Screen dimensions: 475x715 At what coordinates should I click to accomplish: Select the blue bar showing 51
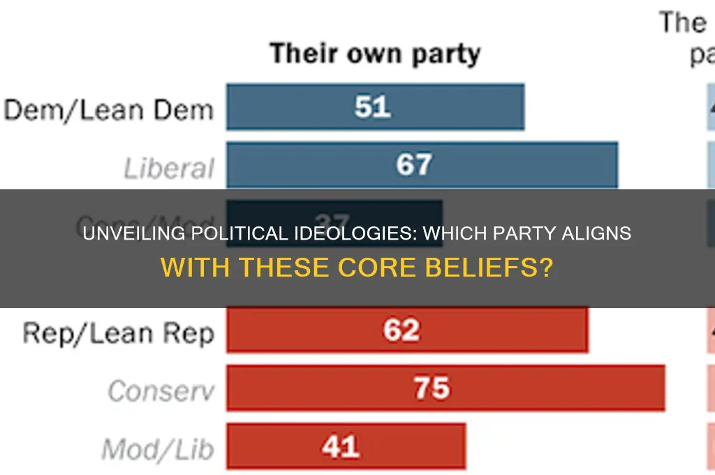click(x=375, y=107)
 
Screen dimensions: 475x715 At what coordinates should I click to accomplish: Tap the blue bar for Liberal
click(x=421, y=165)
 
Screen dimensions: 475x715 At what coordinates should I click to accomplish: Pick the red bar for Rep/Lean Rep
click(x=406, y=330)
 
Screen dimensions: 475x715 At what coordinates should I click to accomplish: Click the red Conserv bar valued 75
click(x=445, y=388)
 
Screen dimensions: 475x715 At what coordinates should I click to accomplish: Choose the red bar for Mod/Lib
click(x=346, y=445)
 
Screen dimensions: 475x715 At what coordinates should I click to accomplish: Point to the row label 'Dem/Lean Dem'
click(x=108, y=109)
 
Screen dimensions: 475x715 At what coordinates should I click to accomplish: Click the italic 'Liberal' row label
click(x=169, y=168)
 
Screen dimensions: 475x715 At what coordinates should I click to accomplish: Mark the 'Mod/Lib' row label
click(x=157, y=448)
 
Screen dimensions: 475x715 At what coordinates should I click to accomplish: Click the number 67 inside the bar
click(x=414, y=165)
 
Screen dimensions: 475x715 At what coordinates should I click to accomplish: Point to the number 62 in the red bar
click(x=401, y=330)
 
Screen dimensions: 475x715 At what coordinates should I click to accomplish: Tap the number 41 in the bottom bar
click(x=341, y=445)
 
